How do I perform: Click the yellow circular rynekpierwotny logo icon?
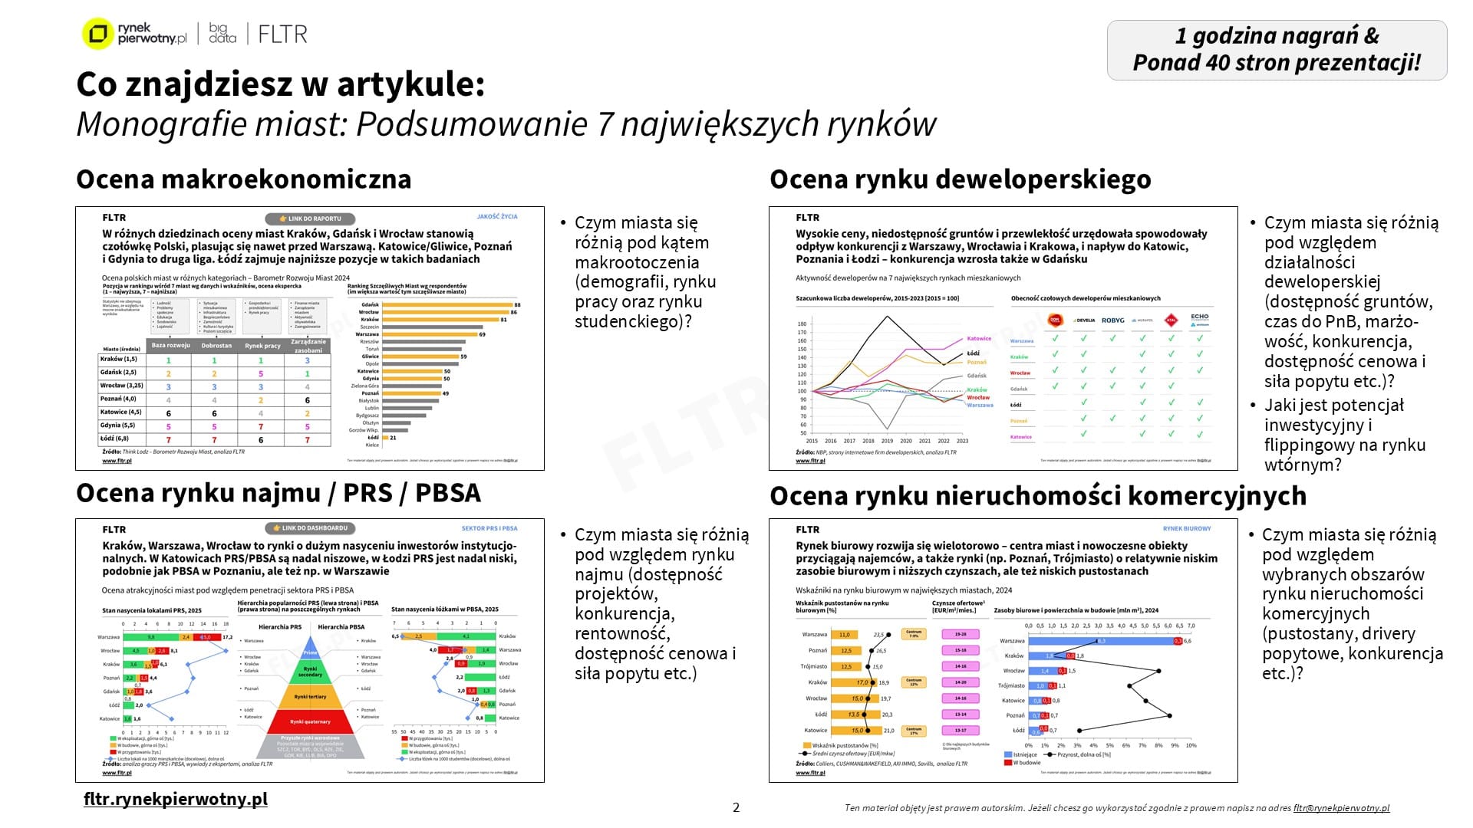97,34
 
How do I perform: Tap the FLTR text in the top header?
282,34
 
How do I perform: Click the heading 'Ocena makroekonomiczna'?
243,179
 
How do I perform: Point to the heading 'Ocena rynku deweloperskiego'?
960,179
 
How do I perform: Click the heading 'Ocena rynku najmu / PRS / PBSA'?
278,492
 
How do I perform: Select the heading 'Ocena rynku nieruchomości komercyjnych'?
1037,495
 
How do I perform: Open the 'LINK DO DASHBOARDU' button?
310,528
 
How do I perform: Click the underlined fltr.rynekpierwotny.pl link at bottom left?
176,799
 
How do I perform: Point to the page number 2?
736,807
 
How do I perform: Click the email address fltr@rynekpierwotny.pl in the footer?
1341,808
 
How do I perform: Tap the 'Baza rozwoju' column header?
170,346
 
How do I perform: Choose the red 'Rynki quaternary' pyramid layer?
310,721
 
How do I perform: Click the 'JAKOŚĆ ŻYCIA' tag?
497,217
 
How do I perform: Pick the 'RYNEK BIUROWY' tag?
1187,528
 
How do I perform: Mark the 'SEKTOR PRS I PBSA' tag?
489,528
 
